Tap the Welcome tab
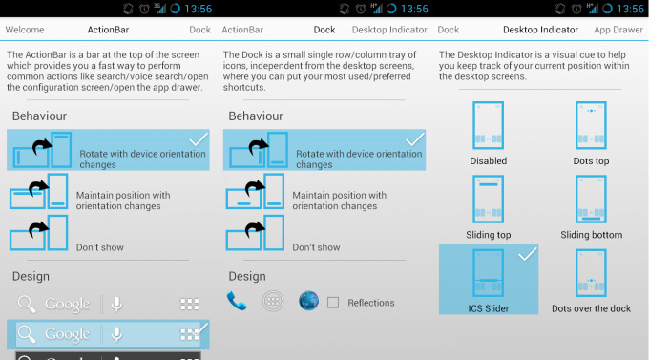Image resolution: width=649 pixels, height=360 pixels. pyautogui.click(x=25, y=30)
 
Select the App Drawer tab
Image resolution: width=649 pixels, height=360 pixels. pyautogui.click(x=618, y=30)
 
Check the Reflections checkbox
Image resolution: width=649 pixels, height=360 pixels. pyautogui.click(x=333, y=303)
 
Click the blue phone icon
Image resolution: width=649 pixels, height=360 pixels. pyautogui.click(x=237, y=301)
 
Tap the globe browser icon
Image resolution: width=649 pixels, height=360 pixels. pyautogui.click(x=309, y=301)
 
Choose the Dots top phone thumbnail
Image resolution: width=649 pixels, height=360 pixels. pyautogui.click(x=591, y=125)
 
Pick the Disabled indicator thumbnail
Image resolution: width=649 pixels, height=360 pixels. pyautogui.click(x=489, y=125)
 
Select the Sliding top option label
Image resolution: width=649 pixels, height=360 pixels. pyautogui.click(x=489, y=235)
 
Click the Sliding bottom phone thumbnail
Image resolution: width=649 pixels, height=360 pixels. pyautogui.click(x=591, y=199)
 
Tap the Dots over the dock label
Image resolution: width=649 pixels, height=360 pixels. pyautogui.click(x=591, y=308)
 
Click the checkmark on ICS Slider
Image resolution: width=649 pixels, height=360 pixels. pyautogui.click(x=528, y=254)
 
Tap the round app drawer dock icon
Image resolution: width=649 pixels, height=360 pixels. pyautogui.click(x=273, y=301)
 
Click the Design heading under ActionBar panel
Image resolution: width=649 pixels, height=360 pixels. pyautogui.click(x=31, y=276)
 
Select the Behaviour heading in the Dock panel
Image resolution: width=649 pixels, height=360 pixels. pyautogui.click(x=256, y=116)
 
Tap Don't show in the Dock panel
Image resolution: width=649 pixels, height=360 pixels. pyautogui.click(x=316, y=247)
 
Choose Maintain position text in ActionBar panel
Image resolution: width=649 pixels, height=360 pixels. pyautogui.click(x=123, y=201)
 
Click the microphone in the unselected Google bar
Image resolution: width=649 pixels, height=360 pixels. pyautogui.click(x=116, y=304)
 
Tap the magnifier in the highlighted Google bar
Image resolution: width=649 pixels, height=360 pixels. pyautogui.click(x=27, y=334)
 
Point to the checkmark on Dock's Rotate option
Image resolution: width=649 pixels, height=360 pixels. pyautogui.click(x=415, y=139)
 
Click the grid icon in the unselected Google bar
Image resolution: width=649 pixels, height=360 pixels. pyautogui.click(x=190, y=304)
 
